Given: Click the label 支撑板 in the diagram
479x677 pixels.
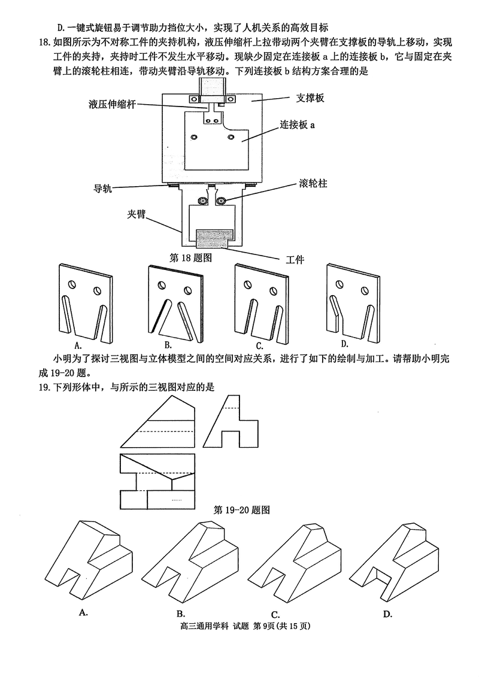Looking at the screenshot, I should coord(311,98).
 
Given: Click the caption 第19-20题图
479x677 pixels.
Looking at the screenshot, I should coord(242,510).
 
